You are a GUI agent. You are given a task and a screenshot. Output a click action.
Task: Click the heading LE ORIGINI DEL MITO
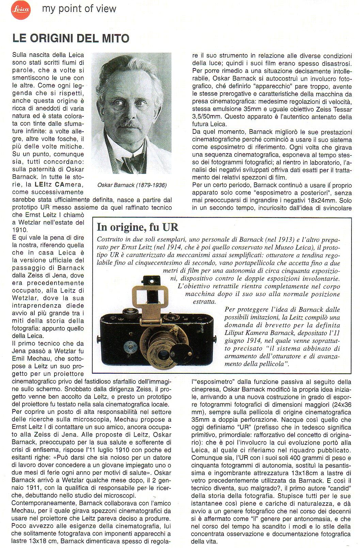point(71,38)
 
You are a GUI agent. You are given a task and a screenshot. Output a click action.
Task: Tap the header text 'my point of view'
point(79,9)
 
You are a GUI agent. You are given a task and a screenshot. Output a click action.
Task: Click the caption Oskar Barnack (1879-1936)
point(132,186)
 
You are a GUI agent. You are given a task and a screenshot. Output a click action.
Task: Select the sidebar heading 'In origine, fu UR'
point(138,227)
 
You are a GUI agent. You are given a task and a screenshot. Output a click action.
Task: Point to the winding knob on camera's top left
point(130,311)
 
